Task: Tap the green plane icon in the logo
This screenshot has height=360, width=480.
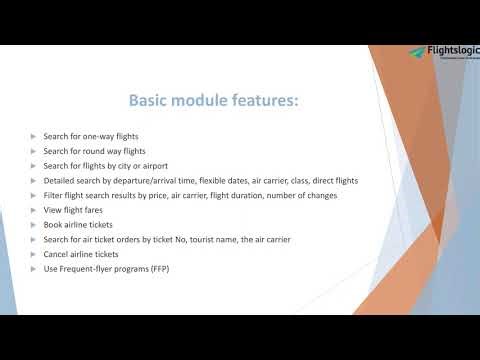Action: tap(415, 52)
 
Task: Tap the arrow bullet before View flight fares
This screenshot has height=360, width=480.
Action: tap(34, 210)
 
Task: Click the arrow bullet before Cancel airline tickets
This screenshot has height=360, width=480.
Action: tap(34, 255)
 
